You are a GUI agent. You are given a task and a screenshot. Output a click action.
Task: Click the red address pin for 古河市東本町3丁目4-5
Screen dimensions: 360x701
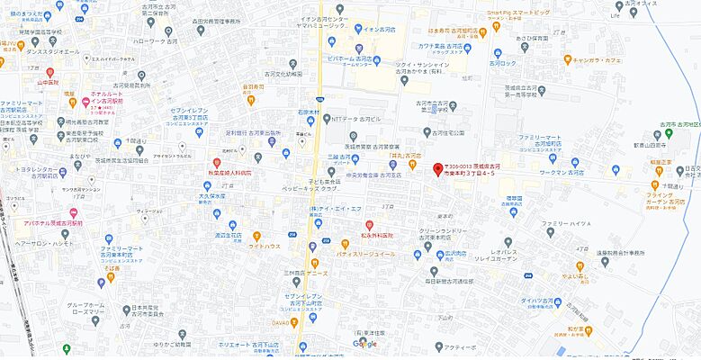click(x=438, y=169)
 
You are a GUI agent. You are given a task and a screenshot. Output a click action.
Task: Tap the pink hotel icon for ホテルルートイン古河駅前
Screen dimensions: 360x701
click(x=85, y=100)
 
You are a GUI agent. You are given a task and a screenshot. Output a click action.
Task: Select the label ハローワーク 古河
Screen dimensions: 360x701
click(x=154, y=41)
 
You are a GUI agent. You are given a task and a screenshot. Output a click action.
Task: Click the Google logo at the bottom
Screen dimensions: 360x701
click(x=364, y=344)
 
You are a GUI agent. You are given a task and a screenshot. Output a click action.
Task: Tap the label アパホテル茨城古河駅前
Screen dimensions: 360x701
click(x=53, y=221)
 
